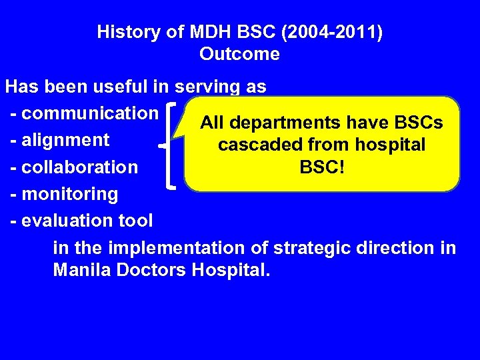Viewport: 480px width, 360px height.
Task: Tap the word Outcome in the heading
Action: point(239,54)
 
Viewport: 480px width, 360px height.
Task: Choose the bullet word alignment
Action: point(65,140)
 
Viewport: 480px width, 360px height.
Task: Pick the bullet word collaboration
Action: point(79,167)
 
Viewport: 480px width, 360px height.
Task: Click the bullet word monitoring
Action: point(69,194)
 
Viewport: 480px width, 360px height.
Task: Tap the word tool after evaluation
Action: point(135,220)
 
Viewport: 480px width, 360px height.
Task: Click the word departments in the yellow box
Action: point(283,123)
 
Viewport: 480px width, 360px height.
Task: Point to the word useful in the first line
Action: point(139,87)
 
